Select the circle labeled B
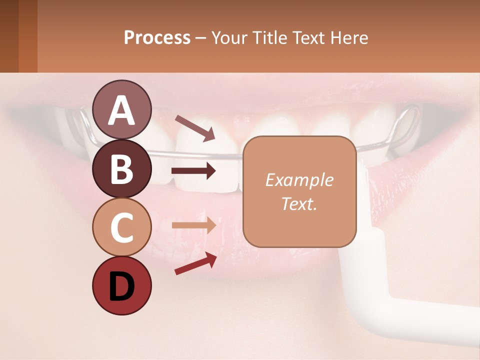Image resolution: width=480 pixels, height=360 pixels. pos(121,168)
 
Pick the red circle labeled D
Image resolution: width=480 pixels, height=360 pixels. pos(121,285)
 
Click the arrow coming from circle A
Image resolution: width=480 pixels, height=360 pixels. pos(195,127)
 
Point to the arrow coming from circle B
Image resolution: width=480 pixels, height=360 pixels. pos(193,171)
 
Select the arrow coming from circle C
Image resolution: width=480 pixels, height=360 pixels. pos(193,225)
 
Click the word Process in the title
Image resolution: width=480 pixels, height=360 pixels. pos(157,38)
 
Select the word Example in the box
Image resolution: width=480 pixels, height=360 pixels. pos(299,180)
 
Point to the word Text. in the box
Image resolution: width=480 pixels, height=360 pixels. pos(299,203)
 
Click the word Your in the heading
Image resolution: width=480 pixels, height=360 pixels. pos(228,38)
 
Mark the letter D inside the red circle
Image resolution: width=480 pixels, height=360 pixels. pos(121,286)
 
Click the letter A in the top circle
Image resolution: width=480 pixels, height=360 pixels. pos(121,111)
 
